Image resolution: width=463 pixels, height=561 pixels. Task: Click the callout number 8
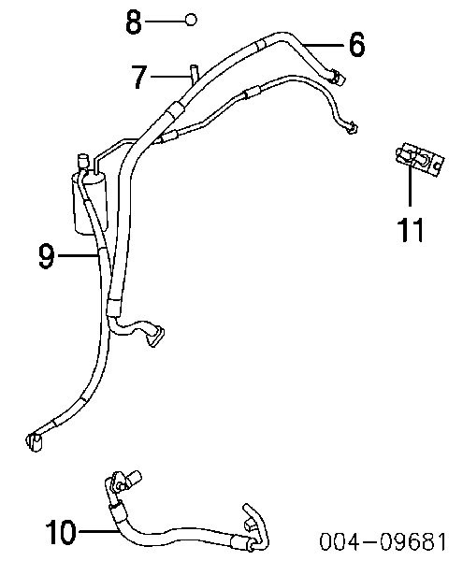click(x=134, y=22)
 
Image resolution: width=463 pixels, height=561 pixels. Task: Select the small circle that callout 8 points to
click(x=191, y=20)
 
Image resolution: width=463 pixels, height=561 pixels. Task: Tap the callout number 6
click(x=356, y=44)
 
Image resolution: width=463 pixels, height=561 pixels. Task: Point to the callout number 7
click(x=139, y=77)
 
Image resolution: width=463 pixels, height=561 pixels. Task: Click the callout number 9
click(x=47, y=255)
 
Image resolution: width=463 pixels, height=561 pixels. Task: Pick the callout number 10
click(x=61, y=532)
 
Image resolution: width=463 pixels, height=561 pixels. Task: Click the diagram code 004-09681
click(x=383, y=541)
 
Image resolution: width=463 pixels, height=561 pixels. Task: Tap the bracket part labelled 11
click(x=420, y=159)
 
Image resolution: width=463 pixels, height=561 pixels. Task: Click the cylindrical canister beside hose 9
click(x=89, y=204)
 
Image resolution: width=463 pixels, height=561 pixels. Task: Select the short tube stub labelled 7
click(x=194, y=73)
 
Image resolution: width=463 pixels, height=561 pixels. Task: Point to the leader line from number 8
click(x=165, y=22)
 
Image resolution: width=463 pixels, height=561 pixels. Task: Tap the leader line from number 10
click(x=98, y=532)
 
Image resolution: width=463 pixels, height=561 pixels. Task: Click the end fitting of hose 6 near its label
click(x=337, y=77)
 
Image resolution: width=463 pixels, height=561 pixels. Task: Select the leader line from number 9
click(x=78, y=255)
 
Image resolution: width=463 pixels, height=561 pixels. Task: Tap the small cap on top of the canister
click(x=82, y=160)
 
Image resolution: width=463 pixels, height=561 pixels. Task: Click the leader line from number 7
click(x=170, y=76)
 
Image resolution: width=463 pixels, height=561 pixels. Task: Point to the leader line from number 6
click(x=324, y=45)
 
